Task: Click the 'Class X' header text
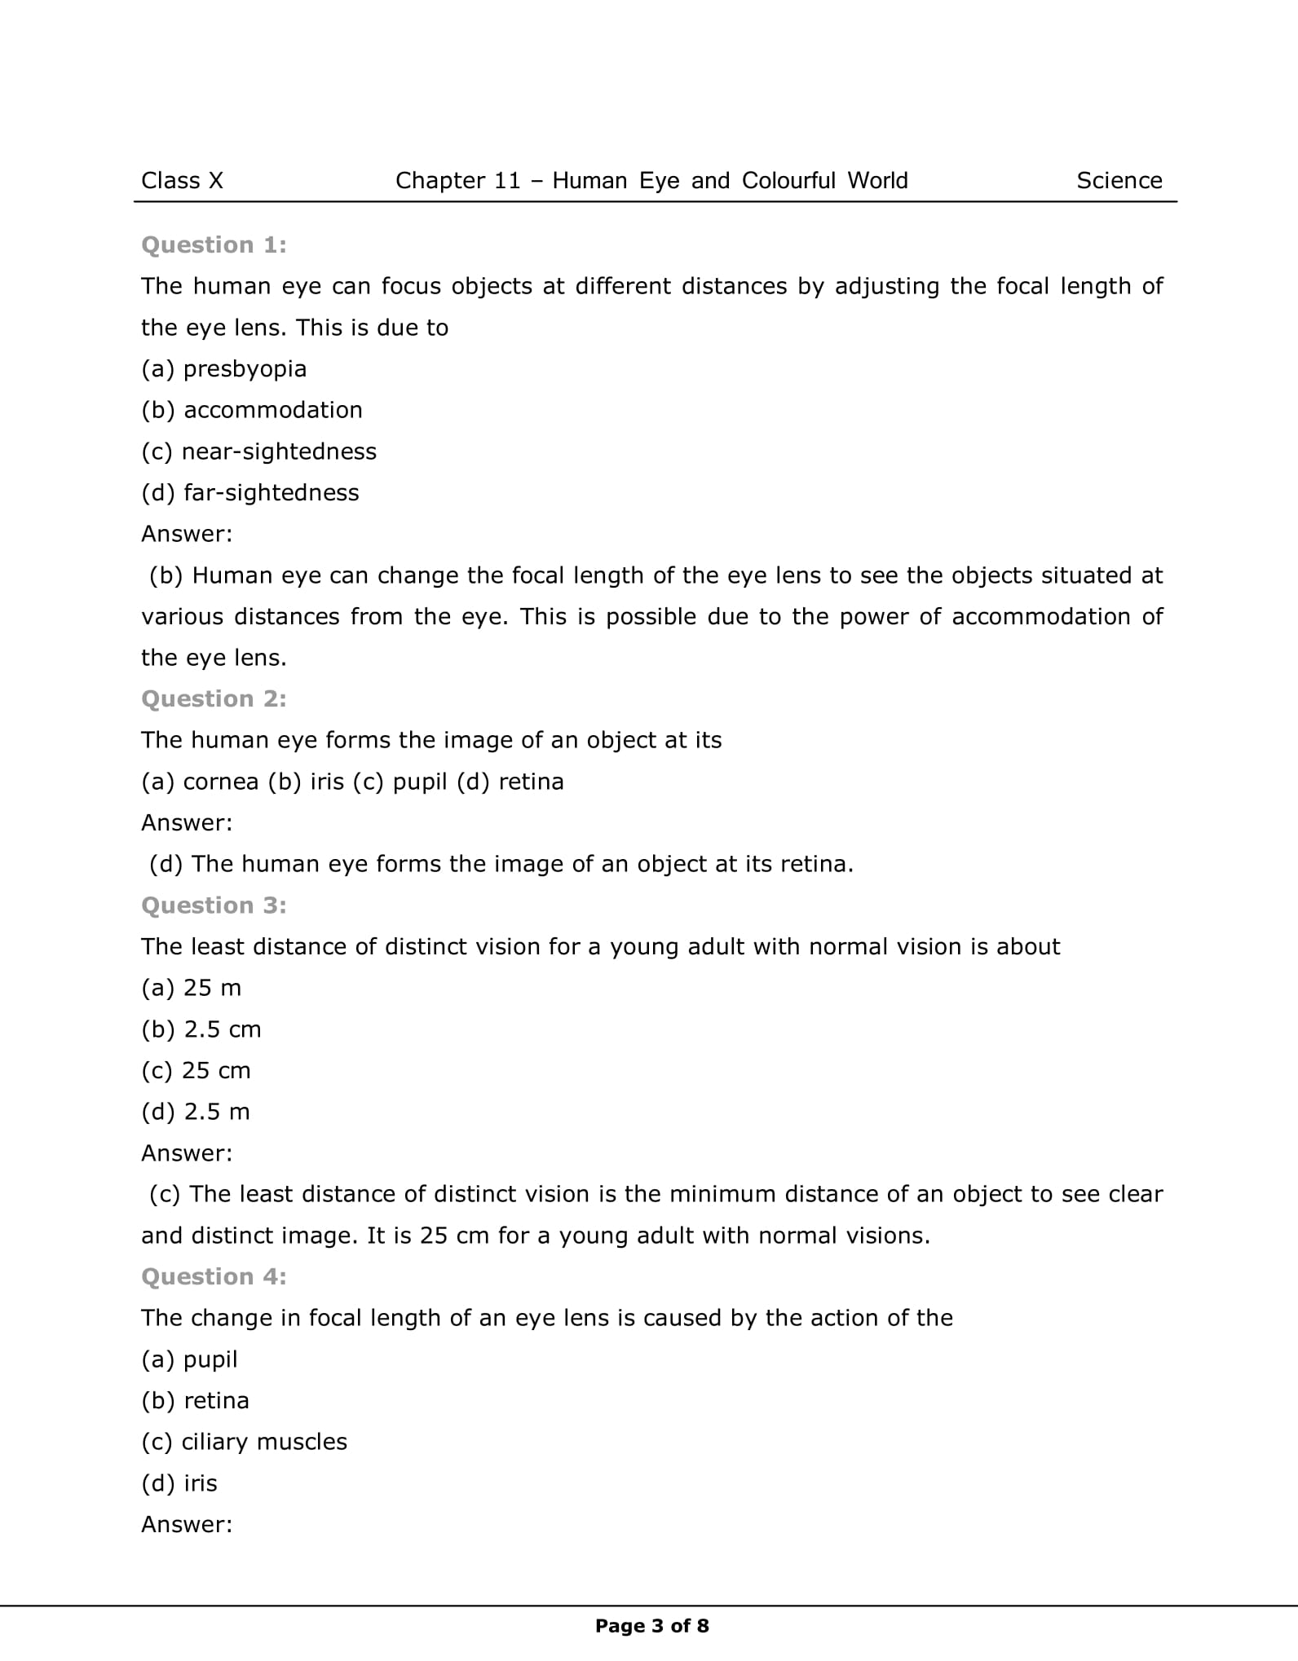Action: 182,181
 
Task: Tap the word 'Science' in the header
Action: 1119,181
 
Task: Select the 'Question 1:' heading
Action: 214,245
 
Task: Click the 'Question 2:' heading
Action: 214,698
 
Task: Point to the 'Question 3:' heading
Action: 214,905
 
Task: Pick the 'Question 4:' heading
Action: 214,1276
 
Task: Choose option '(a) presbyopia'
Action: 224,369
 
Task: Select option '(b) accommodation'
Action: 252,410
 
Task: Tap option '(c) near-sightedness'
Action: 258,452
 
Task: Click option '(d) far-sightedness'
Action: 250,492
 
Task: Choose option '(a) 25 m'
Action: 192,988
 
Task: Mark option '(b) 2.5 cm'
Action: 201,1029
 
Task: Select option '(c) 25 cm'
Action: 196,1070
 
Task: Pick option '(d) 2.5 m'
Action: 196,1112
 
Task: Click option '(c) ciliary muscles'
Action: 244,1442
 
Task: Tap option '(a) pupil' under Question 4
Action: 189,1359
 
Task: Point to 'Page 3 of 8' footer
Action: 651,1626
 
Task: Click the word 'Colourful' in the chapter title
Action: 788,181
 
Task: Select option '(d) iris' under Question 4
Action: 179,1483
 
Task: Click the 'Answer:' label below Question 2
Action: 187,822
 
